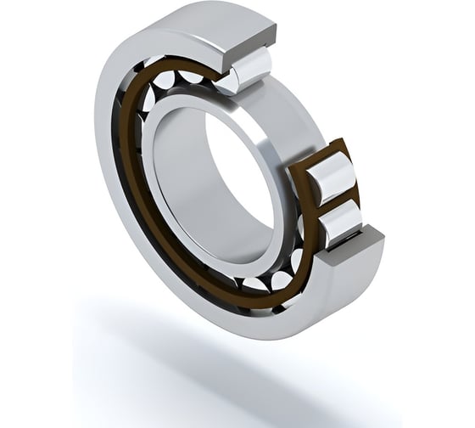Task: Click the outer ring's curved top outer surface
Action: [204, 21]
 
